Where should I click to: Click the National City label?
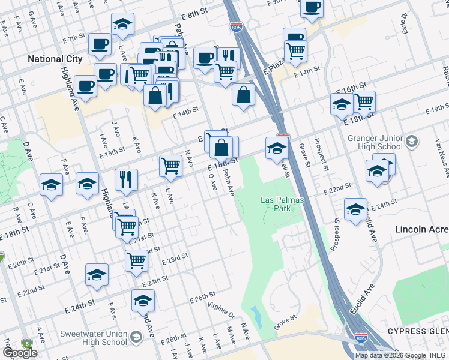point(53,59)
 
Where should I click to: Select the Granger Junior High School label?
point(375,142)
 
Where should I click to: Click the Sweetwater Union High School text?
point(94,338)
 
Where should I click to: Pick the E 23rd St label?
point(175,259)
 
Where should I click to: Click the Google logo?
point(20,353)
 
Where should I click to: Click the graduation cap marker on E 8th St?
point(123,24)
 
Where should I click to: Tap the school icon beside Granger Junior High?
point(411,142)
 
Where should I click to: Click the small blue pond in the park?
point(257,313)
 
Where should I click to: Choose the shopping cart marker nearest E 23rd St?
point(137,261)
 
